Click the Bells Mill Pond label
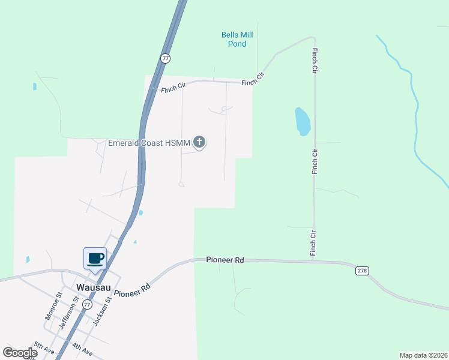click(x=237, y=39)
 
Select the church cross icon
click(x=199, y=142)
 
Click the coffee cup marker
click(x=95, y=259)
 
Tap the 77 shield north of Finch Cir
click(x=165, y=58)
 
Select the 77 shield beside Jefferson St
click(x=88, y=305)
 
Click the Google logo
click(x=20, y=353)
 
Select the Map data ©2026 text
click(x=423, y=355)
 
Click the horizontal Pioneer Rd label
click(x=224, y=260)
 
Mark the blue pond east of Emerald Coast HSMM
click(x=303, y=121)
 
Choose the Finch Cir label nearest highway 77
click(x=173, y=88)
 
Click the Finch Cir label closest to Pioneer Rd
click(x=313, y=242)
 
